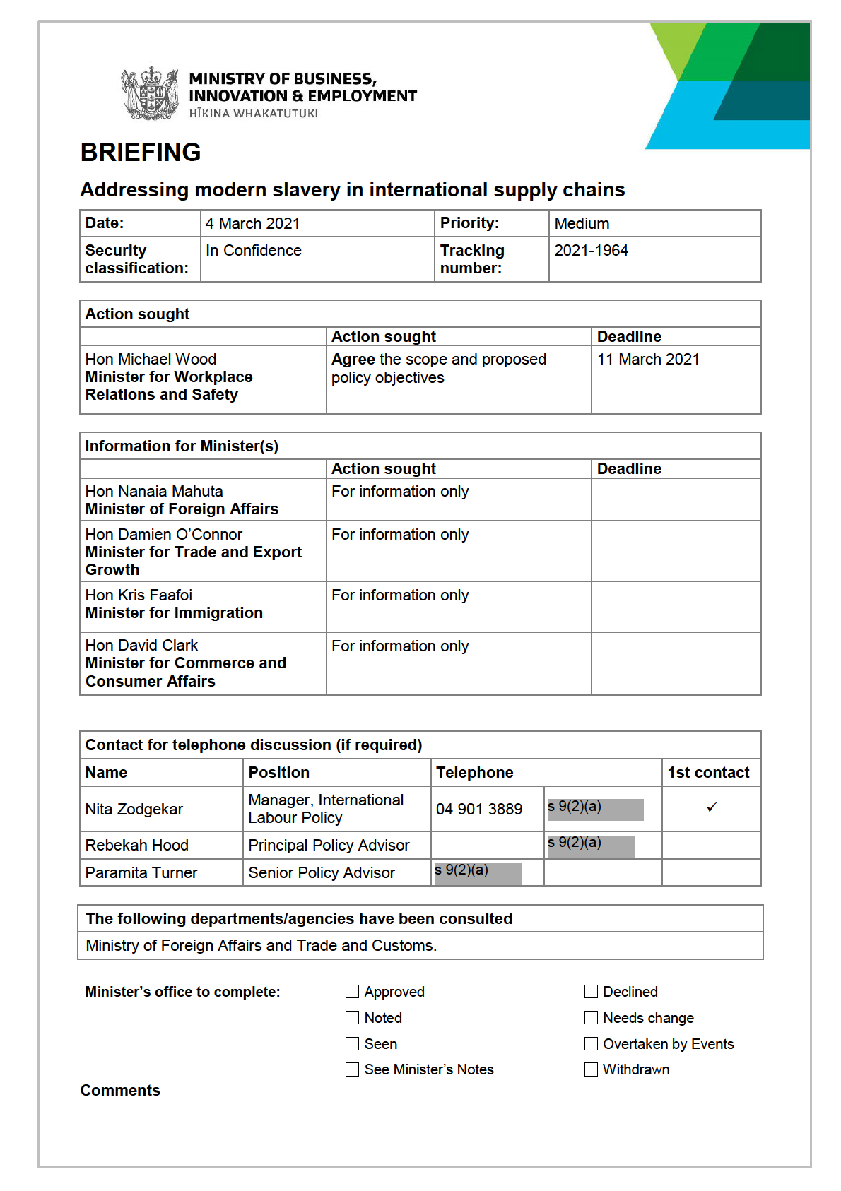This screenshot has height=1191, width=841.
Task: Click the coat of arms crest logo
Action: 150,93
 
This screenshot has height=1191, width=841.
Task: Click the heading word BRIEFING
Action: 141,153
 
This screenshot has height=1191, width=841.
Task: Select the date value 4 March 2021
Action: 252,224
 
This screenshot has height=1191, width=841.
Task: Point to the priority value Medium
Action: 582,224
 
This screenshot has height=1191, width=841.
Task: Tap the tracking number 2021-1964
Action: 591,251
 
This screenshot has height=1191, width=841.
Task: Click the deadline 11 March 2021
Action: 648,360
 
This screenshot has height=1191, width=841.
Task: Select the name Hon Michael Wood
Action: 151,360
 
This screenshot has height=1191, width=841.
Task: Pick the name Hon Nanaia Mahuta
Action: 154,492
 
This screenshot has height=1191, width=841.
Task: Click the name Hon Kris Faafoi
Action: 139,595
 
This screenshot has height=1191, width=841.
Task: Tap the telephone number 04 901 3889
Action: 479,810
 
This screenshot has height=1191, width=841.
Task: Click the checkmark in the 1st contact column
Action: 712,807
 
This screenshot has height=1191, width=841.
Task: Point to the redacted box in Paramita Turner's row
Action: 478,873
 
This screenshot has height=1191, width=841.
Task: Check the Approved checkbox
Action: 352,992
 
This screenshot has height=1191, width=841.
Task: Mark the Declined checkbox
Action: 591,992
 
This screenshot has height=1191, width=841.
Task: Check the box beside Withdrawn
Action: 591,1069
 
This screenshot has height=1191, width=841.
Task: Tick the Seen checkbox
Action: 352,1043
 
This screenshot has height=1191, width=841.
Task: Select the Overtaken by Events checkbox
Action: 591,1043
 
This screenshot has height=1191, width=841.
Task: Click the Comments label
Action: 120,1091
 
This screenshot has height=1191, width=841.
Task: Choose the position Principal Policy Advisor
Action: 329,846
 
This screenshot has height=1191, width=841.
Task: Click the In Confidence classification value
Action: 254,251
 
